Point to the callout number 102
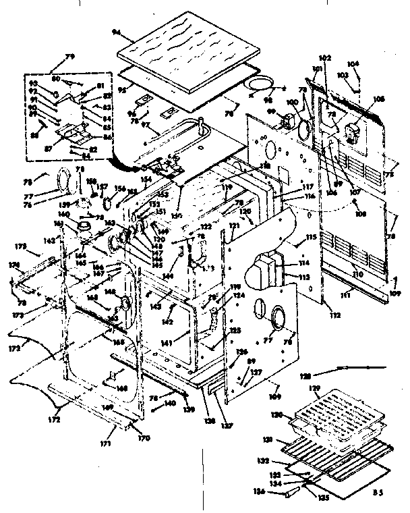326,57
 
